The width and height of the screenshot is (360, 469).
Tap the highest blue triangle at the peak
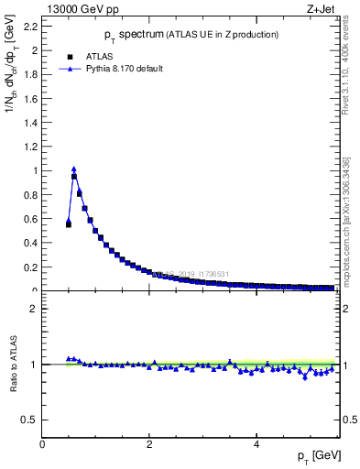[74, 169]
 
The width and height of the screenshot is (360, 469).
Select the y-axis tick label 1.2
[32, 147]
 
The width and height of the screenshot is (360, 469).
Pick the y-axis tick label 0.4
[32, 243]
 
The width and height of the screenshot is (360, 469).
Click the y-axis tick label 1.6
[32, 99]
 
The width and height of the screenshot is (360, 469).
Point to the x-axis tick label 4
[256, 443]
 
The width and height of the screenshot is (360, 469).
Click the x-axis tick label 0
[42, 443]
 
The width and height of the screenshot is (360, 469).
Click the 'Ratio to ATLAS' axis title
[13, 365]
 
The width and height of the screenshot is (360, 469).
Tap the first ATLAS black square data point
[69, 224]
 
